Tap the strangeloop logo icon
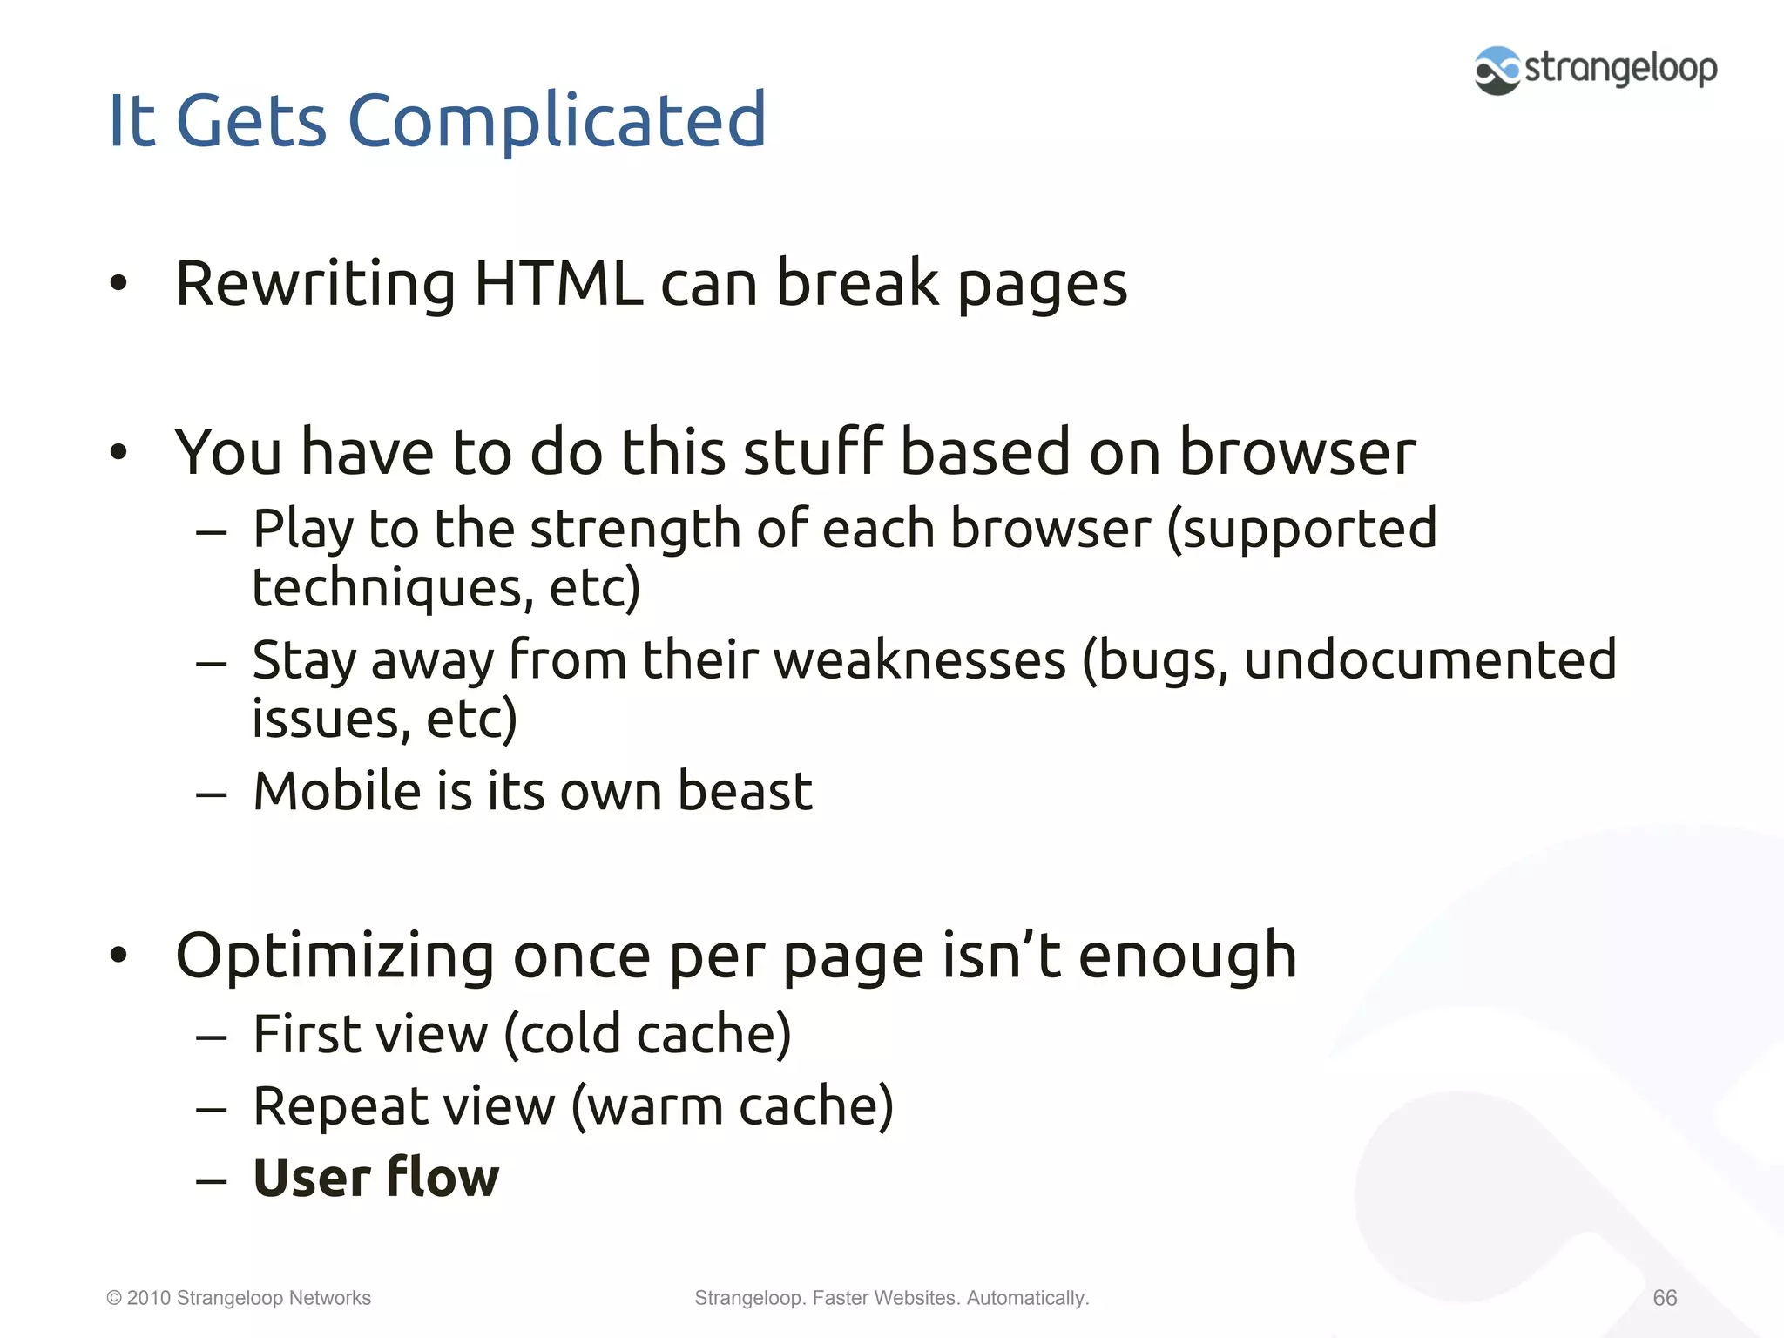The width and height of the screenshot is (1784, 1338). [1497, 70]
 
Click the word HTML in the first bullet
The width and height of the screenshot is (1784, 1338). [558, 283]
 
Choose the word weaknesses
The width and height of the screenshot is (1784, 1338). [919, 659]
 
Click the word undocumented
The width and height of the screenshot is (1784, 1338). [1429, 659]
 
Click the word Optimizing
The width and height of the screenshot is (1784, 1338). [334, 957]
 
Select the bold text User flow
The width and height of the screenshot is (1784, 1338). [375, 1178]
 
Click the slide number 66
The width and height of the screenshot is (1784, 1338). [1665, 1298]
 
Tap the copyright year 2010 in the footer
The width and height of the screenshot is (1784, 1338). [148, 1298]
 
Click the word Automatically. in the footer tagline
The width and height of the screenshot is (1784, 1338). [1028, 1298]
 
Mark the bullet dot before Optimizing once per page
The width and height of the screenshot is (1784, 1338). [118, 956]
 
